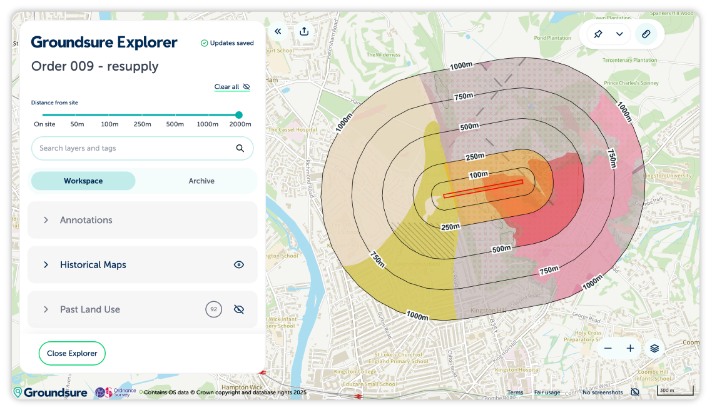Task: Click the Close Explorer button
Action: (72, 353)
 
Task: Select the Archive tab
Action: (201, 181)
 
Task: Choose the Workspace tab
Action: (83, 181)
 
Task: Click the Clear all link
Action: (226, 87)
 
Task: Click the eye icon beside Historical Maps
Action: (238, 265)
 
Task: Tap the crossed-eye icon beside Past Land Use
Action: (238, 309)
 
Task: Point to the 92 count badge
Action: (214, 309)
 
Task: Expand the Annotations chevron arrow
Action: (46, 220)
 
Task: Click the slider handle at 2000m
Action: (238, 115)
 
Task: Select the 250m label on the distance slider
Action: (142, 124)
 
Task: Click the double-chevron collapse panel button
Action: (278, 31)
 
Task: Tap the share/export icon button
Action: (304, 31)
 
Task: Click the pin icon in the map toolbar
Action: (598, 34)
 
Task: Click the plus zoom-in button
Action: (630, 348)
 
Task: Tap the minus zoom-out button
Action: (608, 348)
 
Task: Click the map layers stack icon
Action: (654, 348)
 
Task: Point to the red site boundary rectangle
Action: (482, 189)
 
